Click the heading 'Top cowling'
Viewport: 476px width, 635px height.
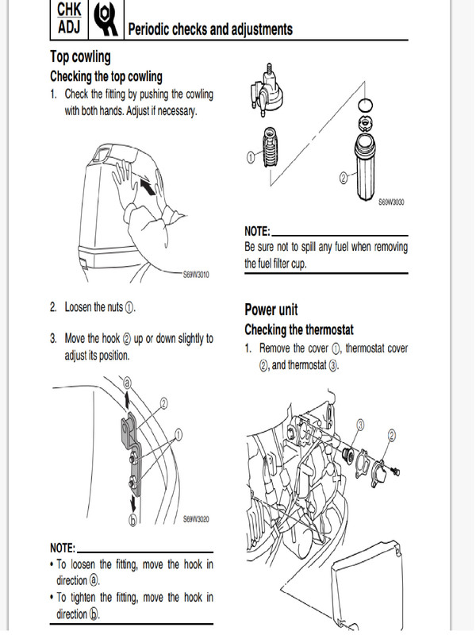click(80, 57)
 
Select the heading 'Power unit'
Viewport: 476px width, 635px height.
click(271, 310)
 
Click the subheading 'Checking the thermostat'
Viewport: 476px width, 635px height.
click(299, 329)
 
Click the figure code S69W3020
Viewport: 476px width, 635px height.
click(197, 520)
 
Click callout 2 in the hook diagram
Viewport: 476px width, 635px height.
click(164, 403)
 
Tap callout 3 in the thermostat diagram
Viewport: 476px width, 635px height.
click(359, 426)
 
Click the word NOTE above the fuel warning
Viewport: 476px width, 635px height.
click(257, 231)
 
